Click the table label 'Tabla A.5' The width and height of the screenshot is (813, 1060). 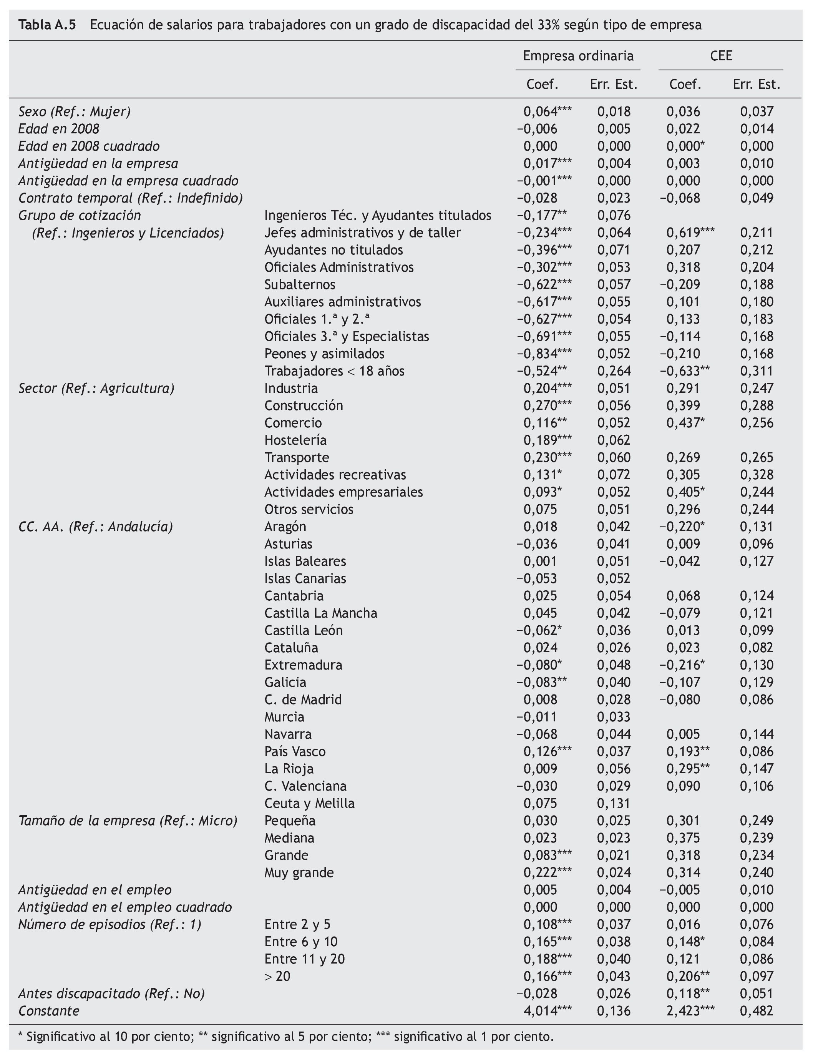pos(47,25)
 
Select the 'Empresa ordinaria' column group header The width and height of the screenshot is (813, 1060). pos(578,56)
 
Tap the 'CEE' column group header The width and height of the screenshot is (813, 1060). pos(721,56)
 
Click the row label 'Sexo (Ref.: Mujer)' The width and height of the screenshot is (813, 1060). pos(75,112)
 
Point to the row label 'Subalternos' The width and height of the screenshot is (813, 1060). pos(300,285)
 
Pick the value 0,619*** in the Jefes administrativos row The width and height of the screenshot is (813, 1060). pos(690,233)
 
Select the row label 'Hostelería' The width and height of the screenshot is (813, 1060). pos(295,440)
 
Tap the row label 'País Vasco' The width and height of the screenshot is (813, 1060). pos(295,751)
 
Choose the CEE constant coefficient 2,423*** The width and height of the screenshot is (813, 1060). pos(690,1011)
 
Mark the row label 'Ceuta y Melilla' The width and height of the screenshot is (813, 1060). pos(309,804)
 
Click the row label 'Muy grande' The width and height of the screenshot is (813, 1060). pos(299,873)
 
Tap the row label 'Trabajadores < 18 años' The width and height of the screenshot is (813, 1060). pos(334,371)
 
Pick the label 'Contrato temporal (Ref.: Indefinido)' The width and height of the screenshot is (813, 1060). pos(130,198)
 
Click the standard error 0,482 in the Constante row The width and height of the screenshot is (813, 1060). pos(757,1011)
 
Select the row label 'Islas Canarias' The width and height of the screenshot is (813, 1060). pos(305,578)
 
